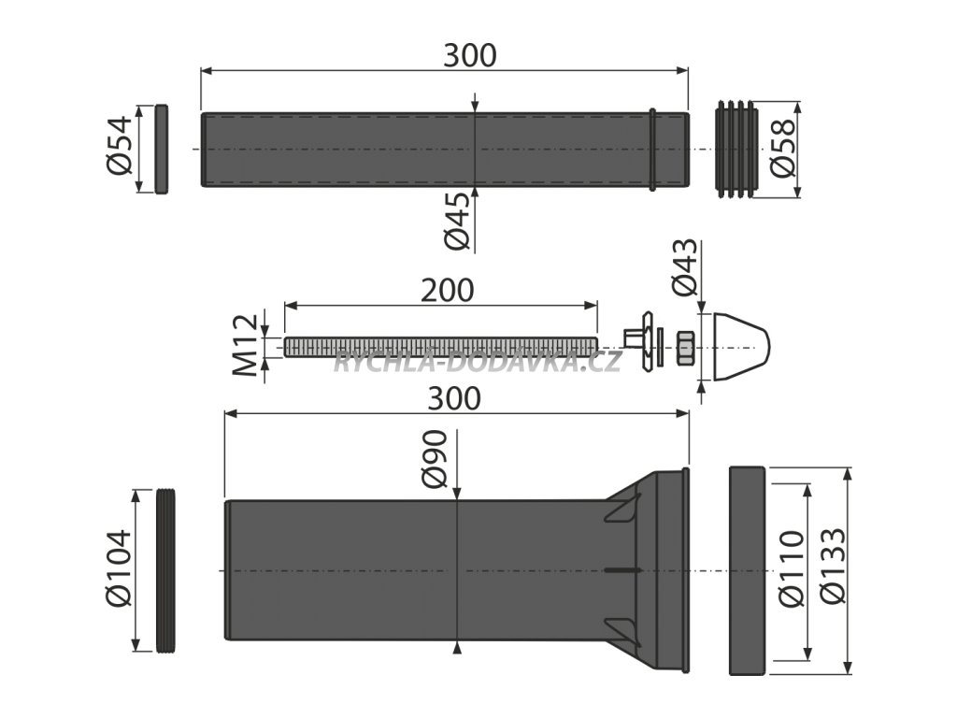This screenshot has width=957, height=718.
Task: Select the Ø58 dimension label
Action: click(783, 147)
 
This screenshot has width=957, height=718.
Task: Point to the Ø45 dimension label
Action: click(458, 221)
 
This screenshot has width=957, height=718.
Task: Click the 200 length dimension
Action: click(448, 291)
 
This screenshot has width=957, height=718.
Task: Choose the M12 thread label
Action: click(247, 346)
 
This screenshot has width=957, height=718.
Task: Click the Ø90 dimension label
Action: click(435, 460)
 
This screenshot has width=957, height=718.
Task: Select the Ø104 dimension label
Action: click(119, 568)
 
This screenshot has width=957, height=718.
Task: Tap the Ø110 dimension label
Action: click(792, 569)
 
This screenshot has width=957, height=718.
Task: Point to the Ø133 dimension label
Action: click(833, 566)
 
